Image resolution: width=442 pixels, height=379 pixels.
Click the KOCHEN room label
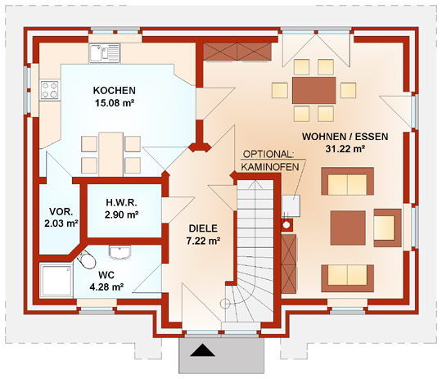click(114, 91)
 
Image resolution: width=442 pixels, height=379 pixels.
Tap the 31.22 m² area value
click(345, 149)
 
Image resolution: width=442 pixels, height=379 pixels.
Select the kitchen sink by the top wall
click(105, 53)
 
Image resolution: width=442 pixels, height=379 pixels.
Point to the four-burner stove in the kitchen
click(50, 90)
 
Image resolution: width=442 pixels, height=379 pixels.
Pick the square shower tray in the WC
click(56, 280)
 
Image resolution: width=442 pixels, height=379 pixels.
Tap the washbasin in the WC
click(120, 252)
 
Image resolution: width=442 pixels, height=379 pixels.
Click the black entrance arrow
click(203, 350)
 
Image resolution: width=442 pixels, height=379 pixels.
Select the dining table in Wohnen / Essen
click(314, 90)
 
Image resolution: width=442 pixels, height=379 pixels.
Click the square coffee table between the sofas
click(348, 228)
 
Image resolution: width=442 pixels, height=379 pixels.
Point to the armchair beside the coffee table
click(387, 228)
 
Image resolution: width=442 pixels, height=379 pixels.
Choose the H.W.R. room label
click(121, 202)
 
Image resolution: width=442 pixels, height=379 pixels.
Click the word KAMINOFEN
click(270, 167)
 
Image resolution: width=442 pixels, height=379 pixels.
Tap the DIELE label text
click(203, 228)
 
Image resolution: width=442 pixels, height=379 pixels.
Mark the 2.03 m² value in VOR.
click(61, 223)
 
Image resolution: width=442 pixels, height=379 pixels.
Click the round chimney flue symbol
click(286, 225)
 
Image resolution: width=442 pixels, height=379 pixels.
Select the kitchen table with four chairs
click(110, 154)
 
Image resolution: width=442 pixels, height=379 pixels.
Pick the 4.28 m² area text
click(106, 287)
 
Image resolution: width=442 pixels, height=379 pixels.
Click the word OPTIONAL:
click(268, 154)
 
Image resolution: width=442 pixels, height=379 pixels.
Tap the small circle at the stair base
click(225, 304)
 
